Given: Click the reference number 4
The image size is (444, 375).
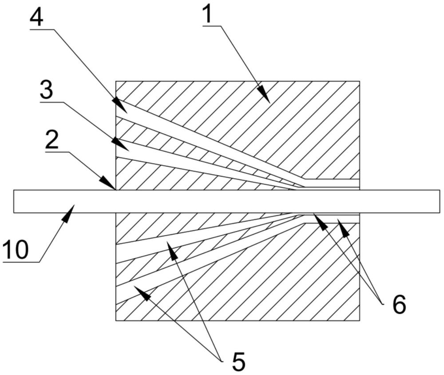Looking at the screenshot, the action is pos(36,17).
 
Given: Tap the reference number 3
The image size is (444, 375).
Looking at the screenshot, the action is pos(47,91).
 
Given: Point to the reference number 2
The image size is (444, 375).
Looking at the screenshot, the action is pos(52,141).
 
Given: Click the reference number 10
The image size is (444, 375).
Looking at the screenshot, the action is pos(16,249).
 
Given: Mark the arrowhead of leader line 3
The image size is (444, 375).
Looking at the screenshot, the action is pos(121,144).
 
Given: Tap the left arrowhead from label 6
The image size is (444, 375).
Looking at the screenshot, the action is pos(321,221).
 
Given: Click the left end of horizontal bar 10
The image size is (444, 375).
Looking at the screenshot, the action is pos(14,201).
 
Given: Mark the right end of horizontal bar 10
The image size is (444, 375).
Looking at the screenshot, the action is pos(440,201).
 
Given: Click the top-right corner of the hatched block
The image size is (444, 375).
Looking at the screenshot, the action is pos(360,81).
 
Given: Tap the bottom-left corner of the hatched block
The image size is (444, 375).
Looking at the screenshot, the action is pos(116,321).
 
